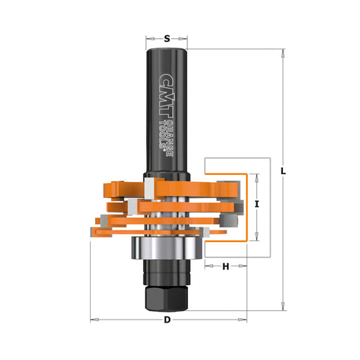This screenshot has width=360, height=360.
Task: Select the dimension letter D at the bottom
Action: click(167, 319)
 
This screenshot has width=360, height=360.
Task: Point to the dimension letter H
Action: click(225, 267)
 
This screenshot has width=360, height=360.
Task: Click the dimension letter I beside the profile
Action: click(257, 204)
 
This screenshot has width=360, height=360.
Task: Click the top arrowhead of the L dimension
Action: click(282, 53)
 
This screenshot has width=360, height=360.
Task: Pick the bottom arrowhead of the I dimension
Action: click(257, 235)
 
